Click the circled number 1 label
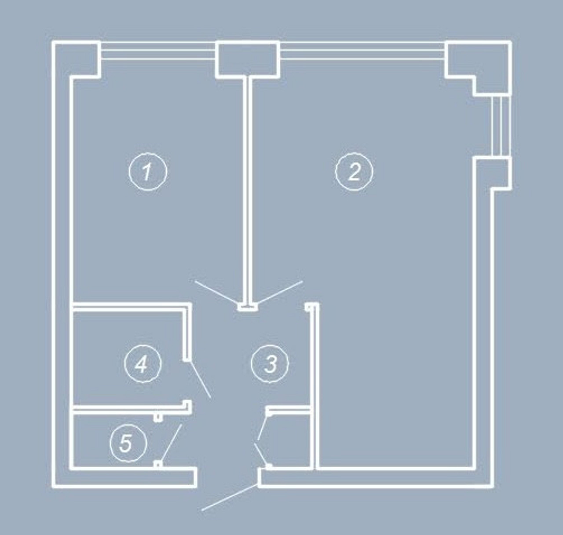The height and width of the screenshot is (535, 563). click(147, 171)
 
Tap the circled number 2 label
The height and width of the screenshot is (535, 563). click(354, 171)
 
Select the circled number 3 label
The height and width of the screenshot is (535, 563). click(270, 363)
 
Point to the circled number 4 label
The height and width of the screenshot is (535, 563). click(143, 363)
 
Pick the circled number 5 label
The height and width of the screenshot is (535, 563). click(128, 443)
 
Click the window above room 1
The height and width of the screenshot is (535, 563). click(158, 51)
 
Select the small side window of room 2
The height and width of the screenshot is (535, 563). click(501, 126)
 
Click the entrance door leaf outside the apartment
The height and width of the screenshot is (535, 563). click(230, 497)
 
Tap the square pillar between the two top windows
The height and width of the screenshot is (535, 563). click(248, 59)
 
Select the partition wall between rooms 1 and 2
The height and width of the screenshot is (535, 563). click(248, 192)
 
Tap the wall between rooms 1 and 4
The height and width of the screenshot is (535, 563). click(130, 307)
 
